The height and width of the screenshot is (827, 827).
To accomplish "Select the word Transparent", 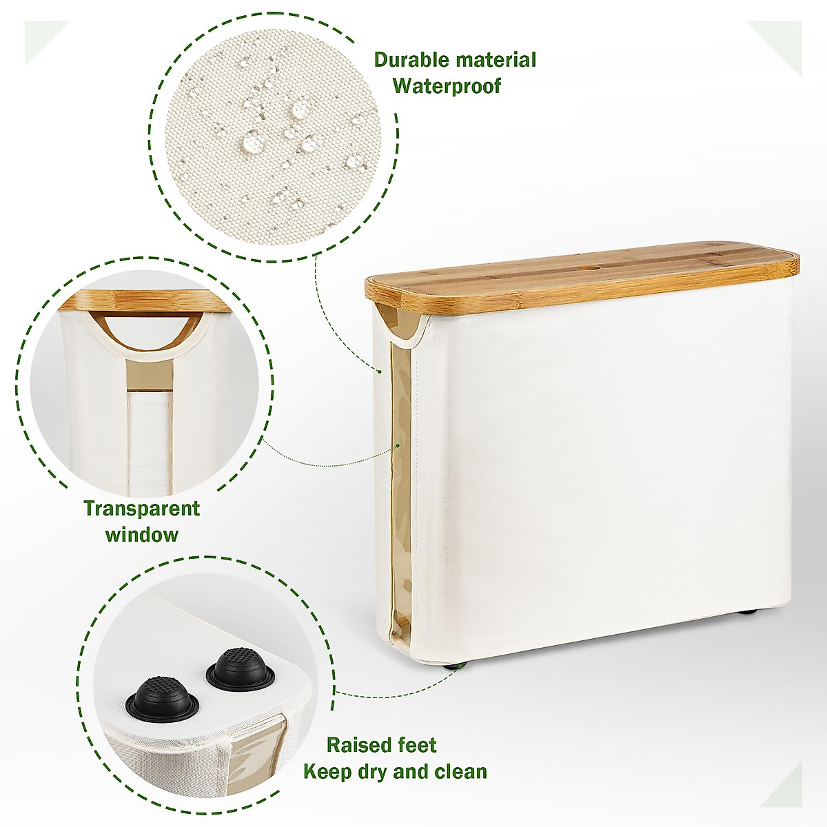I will [141, 509].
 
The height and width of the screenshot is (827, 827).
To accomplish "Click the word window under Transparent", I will [141, 534].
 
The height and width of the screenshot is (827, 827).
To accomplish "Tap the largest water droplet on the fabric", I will [252, 142].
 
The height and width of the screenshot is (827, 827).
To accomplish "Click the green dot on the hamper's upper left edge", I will [379, 371].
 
